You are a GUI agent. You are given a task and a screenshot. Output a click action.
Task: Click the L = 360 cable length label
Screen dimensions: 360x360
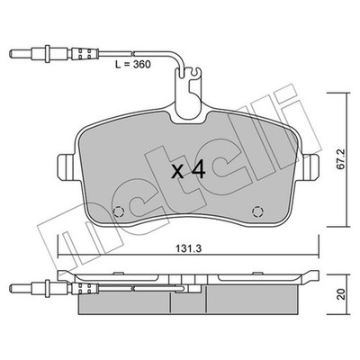(133, 64)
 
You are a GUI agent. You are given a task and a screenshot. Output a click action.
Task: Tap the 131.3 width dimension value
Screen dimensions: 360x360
(189, 248)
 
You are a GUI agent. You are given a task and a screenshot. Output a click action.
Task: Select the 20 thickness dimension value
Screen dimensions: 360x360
(339, 294)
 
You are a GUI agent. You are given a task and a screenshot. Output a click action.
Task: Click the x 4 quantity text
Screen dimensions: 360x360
(188, 170)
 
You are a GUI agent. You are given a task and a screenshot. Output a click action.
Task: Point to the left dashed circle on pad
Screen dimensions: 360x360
(119, 211)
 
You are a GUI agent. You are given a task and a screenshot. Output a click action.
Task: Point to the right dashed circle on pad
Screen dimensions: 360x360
(257, 211)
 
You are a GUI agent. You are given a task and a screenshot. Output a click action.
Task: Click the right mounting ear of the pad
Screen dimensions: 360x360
(310, 167)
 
